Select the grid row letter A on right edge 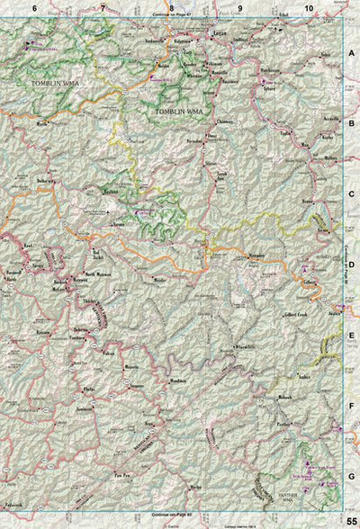coord(351,54)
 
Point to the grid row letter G coord(351,474)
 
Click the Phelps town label coord(88,389)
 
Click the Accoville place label coord(307,117)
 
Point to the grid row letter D coord(351,264)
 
